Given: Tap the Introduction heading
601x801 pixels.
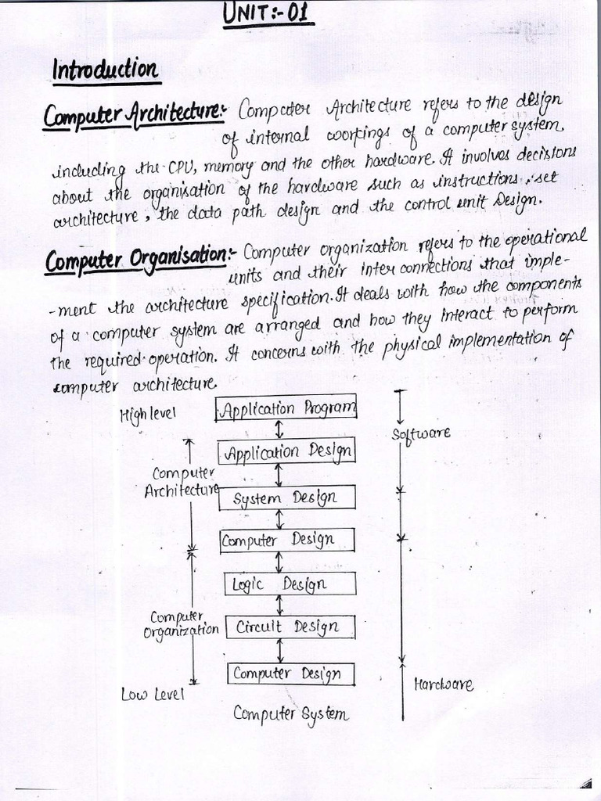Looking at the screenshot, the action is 105,70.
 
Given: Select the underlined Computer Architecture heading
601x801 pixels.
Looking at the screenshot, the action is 133,117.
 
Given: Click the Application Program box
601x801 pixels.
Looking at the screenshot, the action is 286,408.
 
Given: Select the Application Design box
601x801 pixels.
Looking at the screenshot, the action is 286,451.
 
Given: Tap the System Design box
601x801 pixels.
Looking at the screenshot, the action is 286,497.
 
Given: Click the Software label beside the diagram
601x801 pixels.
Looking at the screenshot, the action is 420,433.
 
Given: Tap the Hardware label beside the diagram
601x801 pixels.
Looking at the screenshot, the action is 443,685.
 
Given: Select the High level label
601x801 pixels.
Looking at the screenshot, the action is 148,413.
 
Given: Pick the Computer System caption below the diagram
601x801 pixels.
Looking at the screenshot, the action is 290,713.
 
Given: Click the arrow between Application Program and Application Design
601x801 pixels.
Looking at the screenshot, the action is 279,430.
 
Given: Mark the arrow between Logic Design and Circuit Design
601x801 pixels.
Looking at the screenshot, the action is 279,605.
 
